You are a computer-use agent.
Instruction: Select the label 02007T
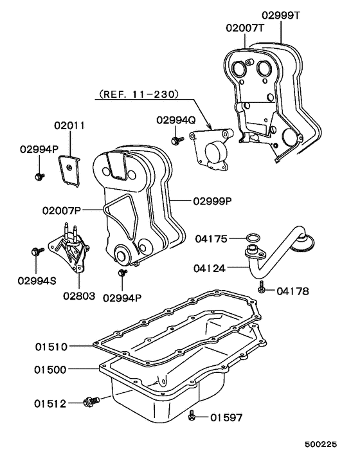(x=244, y=28)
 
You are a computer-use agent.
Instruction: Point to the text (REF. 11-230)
(x=138, y=94)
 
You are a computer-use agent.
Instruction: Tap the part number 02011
(x=69, y=125)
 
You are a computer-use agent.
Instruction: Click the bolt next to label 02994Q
(x=174, y=140)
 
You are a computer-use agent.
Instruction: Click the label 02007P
(x=62, y=210)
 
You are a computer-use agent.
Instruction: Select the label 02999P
(x=212, y=200)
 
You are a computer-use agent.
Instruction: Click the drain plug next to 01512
(x=91, y=402)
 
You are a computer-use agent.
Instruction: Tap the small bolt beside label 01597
(x=192, y=417)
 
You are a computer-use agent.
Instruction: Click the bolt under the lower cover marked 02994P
(x=121, y=275)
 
